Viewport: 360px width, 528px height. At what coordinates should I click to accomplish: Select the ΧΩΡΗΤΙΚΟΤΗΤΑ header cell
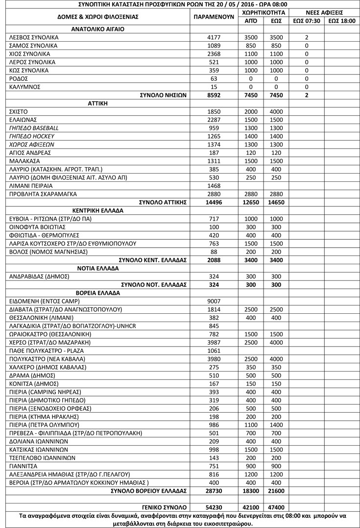[x=263, y=12]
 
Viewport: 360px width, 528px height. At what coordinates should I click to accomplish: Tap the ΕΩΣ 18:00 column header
[x=341, y=21]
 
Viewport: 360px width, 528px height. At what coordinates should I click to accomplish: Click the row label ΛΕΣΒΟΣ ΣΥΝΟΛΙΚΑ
[x=34, y=37]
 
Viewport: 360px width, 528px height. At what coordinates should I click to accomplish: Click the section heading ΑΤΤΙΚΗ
[x=98, y=103]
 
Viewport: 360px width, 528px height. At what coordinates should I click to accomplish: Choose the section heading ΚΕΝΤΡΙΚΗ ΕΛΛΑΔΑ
[x=98, y=210]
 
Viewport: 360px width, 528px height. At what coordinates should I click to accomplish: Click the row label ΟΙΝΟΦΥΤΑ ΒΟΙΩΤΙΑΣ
[x=37, y=227]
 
